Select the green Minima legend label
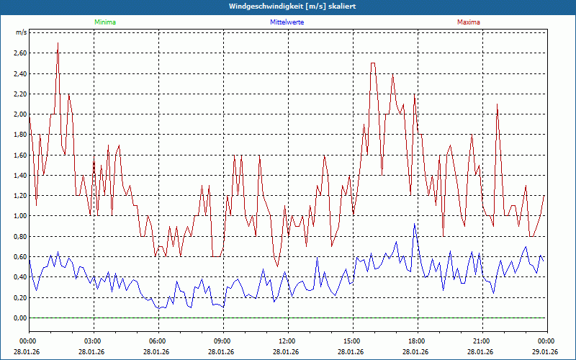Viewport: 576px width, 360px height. tap(104, 22)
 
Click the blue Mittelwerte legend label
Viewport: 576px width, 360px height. tap(287, 22)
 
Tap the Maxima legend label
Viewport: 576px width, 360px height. tap(469, 22)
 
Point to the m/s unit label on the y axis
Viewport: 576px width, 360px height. tap(21, 32)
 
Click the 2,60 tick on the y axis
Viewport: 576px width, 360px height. tap(19, 53)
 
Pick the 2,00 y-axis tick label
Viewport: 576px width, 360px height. tap(19, 114)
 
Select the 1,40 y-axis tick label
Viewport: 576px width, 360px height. tap(19, 176)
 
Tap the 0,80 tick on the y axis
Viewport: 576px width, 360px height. tap(19, 237)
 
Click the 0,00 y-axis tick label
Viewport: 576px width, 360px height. tap(19, 318)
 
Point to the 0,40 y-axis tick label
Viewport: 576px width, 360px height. tap(19, 277)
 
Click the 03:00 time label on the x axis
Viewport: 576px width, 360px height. tap(93, 341)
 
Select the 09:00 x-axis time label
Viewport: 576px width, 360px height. tap(222, 341)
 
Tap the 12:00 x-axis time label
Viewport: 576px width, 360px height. tap(287, 341)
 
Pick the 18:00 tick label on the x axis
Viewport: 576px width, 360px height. tap(417, 341)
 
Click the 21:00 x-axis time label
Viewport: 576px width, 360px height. tap(482, 341)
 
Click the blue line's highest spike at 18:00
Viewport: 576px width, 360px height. tap(414, 225)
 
